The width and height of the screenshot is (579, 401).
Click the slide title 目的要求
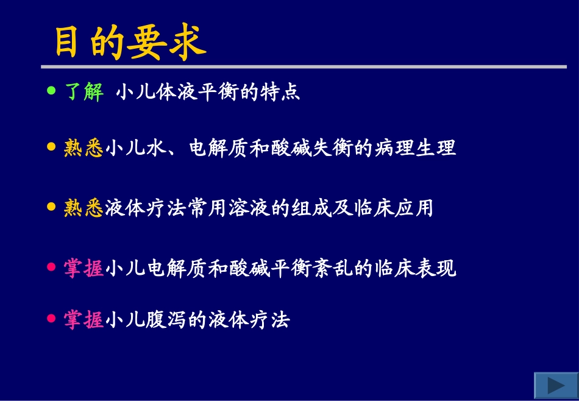130,43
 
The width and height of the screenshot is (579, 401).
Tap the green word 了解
84,93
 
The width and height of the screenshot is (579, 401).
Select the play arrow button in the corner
555,385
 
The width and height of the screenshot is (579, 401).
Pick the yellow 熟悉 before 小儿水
84,148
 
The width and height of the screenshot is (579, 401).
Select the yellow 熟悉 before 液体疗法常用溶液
84,208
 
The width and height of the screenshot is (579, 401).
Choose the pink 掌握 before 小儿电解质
84,268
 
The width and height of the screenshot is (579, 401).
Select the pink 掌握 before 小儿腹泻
84,320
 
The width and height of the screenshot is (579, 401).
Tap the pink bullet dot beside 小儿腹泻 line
51,318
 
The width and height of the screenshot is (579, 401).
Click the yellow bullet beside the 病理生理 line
51,146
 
